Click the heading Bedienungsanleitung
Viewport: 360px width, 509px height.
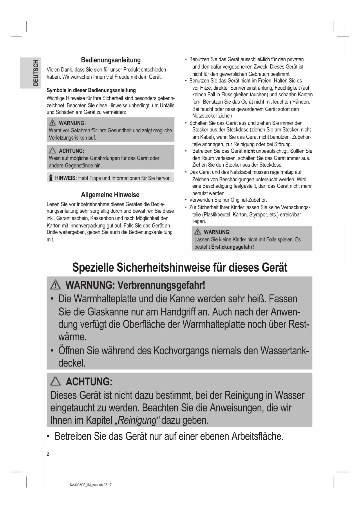coord(111,60)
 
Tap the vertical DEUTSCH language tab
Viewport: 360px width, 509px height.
coord(36,73)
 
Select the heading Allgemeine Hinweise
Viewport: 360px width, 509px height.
coord(110,195)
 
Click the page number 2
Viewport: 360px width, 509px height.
coord(48,454)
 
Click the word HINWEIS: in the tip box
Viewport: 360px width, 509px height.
coord(66,178)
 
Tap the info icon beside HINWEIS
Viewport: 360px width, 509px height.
coord(51,178)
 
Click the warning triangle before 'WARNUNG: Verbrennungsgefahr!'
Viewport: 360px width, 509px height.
coord(55,286)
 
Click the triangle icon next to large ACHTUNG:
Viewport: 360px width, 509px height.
coord(55,381)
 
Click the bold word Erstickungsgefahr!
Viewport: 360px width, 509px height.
coord(232,247)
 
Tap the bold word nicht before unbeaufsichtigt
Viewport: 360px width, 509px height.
coord(249,151)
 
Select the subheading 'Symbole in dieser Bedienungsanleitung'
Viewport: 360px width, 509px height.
coord(91,90)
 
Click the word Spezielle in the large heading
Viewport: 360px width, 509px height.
coord(93,268)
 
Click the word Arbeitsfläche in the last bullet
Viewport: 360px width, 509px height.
coord(257,436)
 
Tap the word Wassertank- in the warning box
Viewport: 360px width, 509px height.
coord(284,351)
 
